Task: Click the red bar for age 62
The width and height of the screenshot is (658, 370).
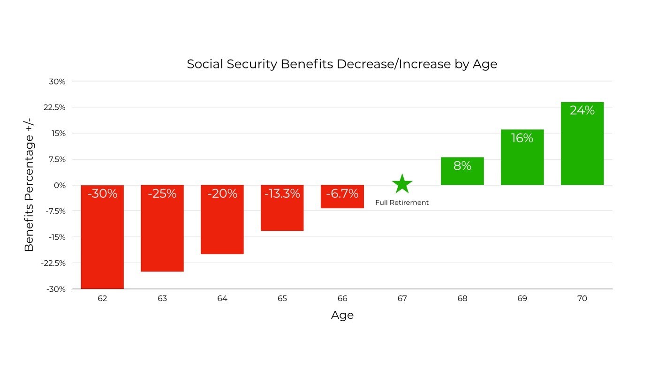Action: tap(102, 237)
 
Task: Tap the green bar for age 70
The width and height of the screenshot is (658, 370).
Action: tap(582, 143)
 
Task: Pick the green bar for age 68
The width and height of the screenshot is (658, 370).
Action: tap(462, 171)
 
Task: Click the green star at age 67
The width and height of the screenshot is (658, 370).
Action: tap(402, 184)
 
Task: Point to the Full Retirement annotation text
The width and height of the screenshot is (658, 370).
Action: tap(402, 203)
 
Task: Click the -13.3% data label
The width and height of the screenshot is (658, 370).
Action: tap(282, 193)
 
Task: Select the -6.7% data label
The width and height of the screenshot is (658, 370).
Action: tap(342, 193)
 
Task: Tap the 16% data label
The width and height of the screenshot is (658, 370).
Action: tap(522, 138)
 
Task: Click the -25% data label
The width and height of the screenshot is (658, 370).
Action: tap(162, 193)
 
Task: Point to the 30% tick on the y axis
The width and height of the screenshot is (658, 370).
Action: tap(57, 81)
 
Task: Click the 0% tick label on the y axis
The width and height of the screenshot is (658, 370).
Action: tap(59, 185)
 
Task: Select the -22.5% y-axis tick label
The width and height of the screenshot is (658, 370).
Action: tap(54, 263)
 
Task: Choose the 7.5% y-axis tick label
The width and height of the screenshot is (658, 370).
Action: tap(56, 159)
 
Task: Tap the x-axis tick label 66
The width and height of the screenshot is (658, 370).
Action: tap(342, 299)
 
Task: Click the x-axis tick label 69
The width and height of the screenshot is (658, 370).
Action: tap(522, 299)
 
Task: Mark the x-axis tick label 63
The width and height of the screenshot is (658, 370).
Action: tap(162, 299)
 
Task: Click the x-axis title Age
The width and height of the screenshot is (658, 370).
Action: tap(342, 315)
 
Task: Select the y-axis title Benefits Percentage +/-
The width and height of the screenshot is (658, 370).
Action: tap(29, 185)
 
